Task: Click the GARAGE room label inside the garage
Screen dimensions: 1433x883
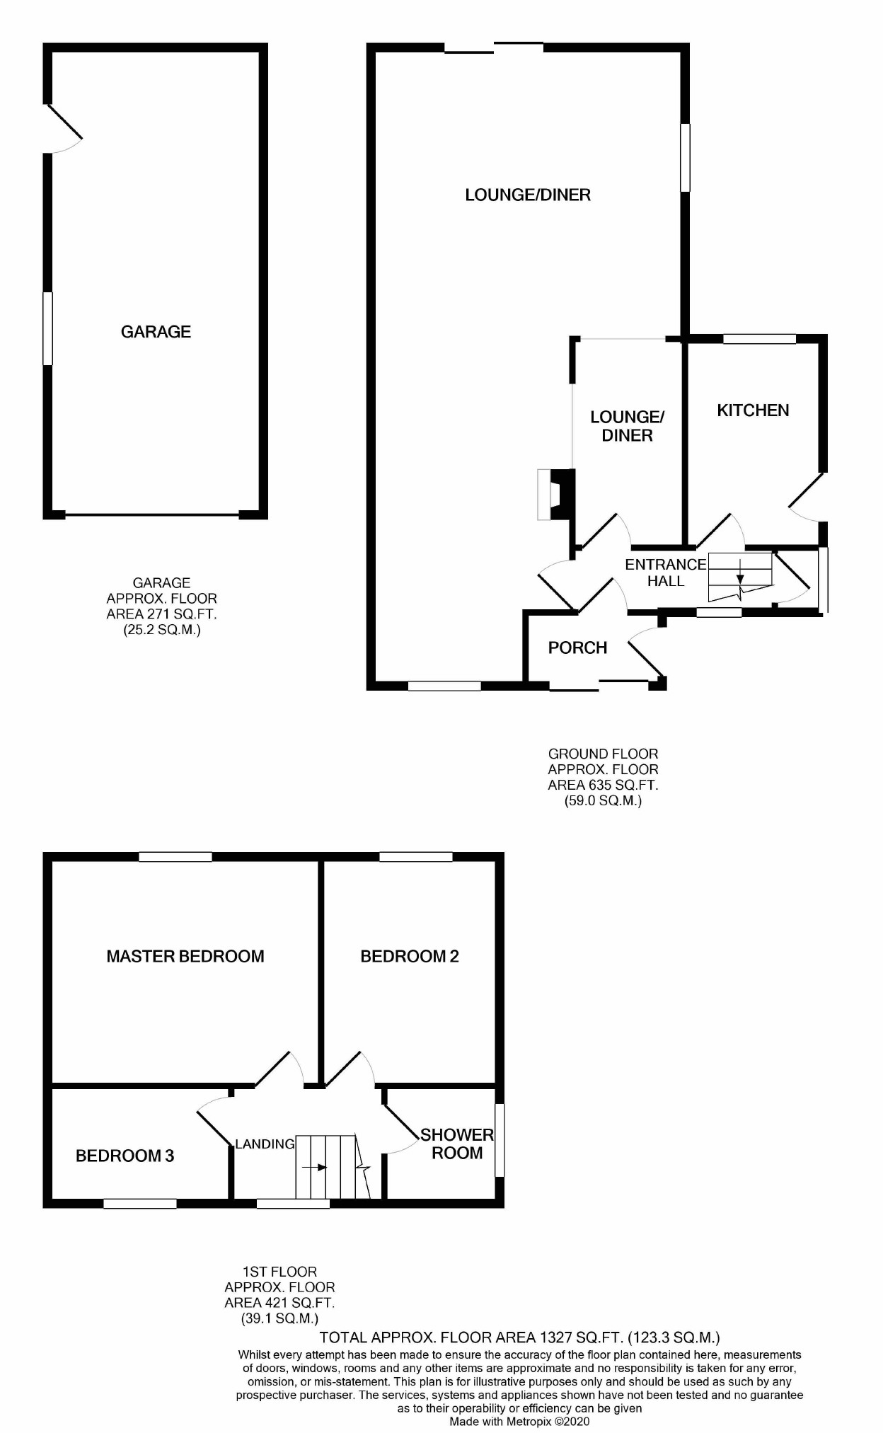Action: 156,332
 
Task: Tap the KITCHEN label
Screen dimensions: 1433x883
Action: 753,410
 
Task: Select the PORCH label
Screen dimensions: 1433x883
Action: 577,648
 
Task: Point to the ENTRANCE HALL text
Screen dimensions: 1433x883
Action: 665,572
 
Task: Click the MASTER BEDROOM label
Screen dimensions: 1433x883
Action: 185,957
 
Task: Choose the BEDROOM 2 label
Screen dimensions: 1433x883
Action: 410,957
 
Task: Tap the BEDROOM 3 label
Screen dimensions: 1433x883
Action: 125,1156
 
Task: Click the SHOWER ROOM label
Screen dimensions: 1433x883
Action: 457,1144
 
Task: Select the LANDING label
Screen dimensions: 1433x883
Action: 265,1144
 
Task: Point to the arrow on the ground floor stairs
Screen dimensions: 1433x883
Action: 740,573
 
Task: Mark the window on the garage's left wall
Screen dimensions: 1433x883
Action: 48,328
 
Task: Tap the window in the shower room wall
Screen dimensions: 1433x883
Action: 499,1140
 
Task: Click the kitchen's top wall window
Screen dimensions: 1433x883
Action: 759,339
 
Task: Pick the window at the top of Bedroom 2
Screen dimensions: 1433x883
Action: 415,857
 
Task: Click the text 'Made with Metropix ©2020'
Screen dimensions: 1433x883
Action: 519,1421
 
